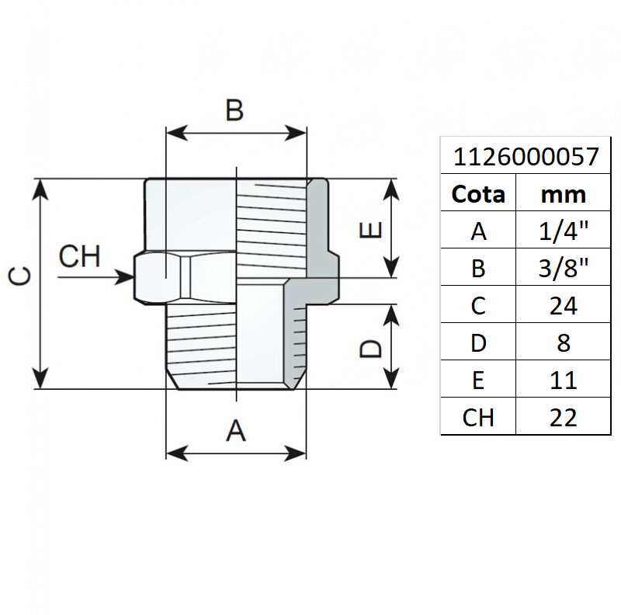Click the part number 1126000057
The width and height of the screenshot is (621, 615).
coord(526,158)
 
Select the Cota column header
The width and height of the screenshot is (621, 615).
coord(478,194)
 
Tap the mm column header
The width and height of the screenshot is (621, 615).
coord(564,194)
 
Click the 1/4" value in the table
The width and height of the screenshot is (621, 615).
coord(564,231)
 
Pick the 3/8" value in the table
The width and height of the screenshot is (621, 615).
coord(564,268)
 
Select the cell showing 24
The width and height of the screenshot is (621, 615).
coord(564,305)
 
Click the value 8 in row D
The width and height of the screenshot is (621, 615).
coord(564,342)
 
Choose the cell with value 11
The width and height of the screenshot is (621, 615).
coord(564,380)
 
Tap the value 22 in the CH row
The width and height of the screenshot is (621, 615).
coord(564,417)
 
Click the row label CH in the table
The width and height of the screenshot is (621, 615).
coord(478,417)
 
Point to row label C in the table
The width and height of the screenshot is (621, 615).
coord(478,305)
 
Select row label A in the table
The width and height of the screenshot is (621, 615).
coord(478,231)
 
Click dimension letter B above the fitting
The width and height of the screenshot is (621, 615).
coord(234,111)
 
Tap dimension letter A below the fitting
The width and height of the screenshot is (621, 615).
coord(236,429)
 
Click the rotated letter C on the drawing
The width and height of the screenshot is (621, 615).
coord(21,276)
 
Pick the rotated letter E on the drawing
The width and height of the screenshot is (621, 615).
coord(371,231)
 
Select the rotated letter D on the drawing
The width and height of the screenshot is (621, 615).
coord(371,347)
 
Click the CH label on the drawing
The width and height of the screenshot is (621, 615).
coord(80,255)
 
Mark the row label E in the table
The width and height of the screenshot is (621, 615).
coord(478,380)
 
